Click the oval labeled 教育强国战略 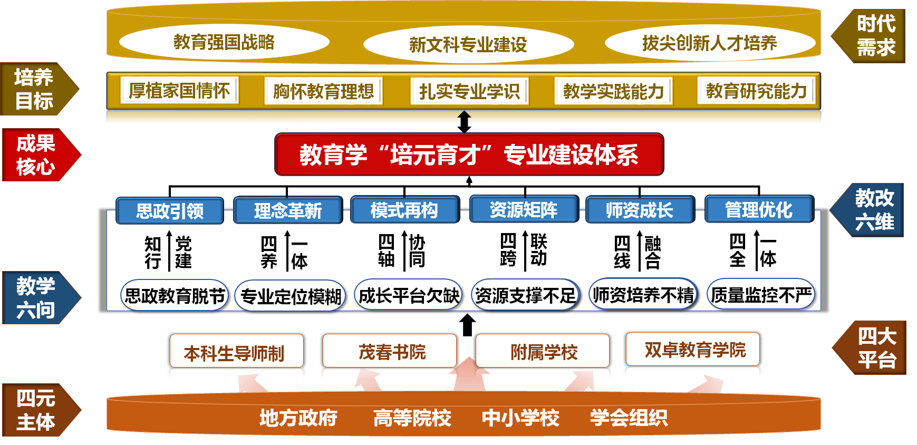point(224,42)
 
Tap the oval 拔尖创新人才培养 point(709,43)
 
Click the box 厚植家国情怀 point(179,91)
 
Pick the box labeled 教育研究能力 point(756,91)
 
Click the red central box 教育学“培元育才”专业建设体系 point(469,154)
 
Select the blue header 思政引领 point(170,211)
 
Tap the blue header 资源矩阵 point(524,210)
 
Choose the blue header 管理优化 point(759,210)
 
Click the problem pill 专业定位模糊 point(291,296)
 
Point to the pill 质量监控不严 point(761,295)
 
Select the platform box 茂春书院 point(391,351)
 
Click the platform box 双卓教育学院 point(694,349)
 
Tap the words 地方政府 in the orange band point(298,418)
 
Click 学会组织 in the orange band point(629,418)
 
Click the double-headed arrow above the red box point(464,122)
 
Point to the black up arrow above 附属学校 point(467,325)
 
